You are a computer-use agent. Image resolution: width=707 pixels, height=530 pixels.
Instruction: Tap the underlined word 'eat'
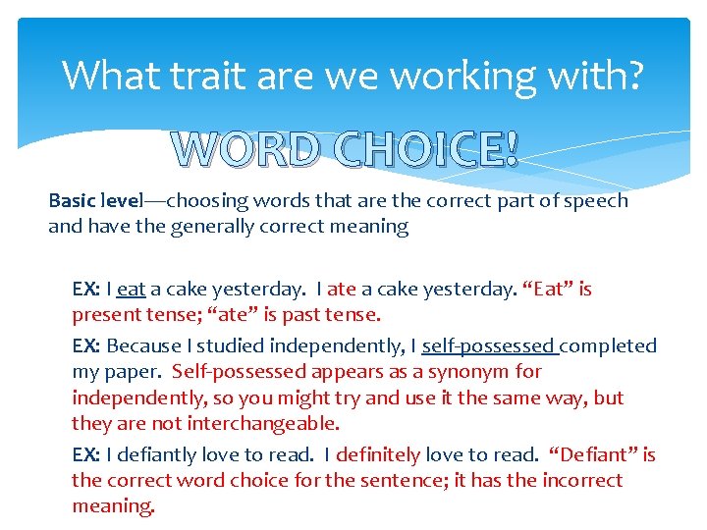[x=131, y=290]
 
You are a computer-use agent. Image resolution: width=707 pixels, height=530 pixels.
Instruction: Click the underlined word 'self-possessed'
[x=488, y=345]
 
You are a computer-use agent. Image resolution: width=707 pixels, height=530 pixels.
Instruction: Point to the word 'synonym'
[x=477, y=372]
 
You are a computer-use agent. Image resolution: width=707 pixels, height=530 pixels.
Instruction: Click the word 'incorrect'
[x=574, y=480]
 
